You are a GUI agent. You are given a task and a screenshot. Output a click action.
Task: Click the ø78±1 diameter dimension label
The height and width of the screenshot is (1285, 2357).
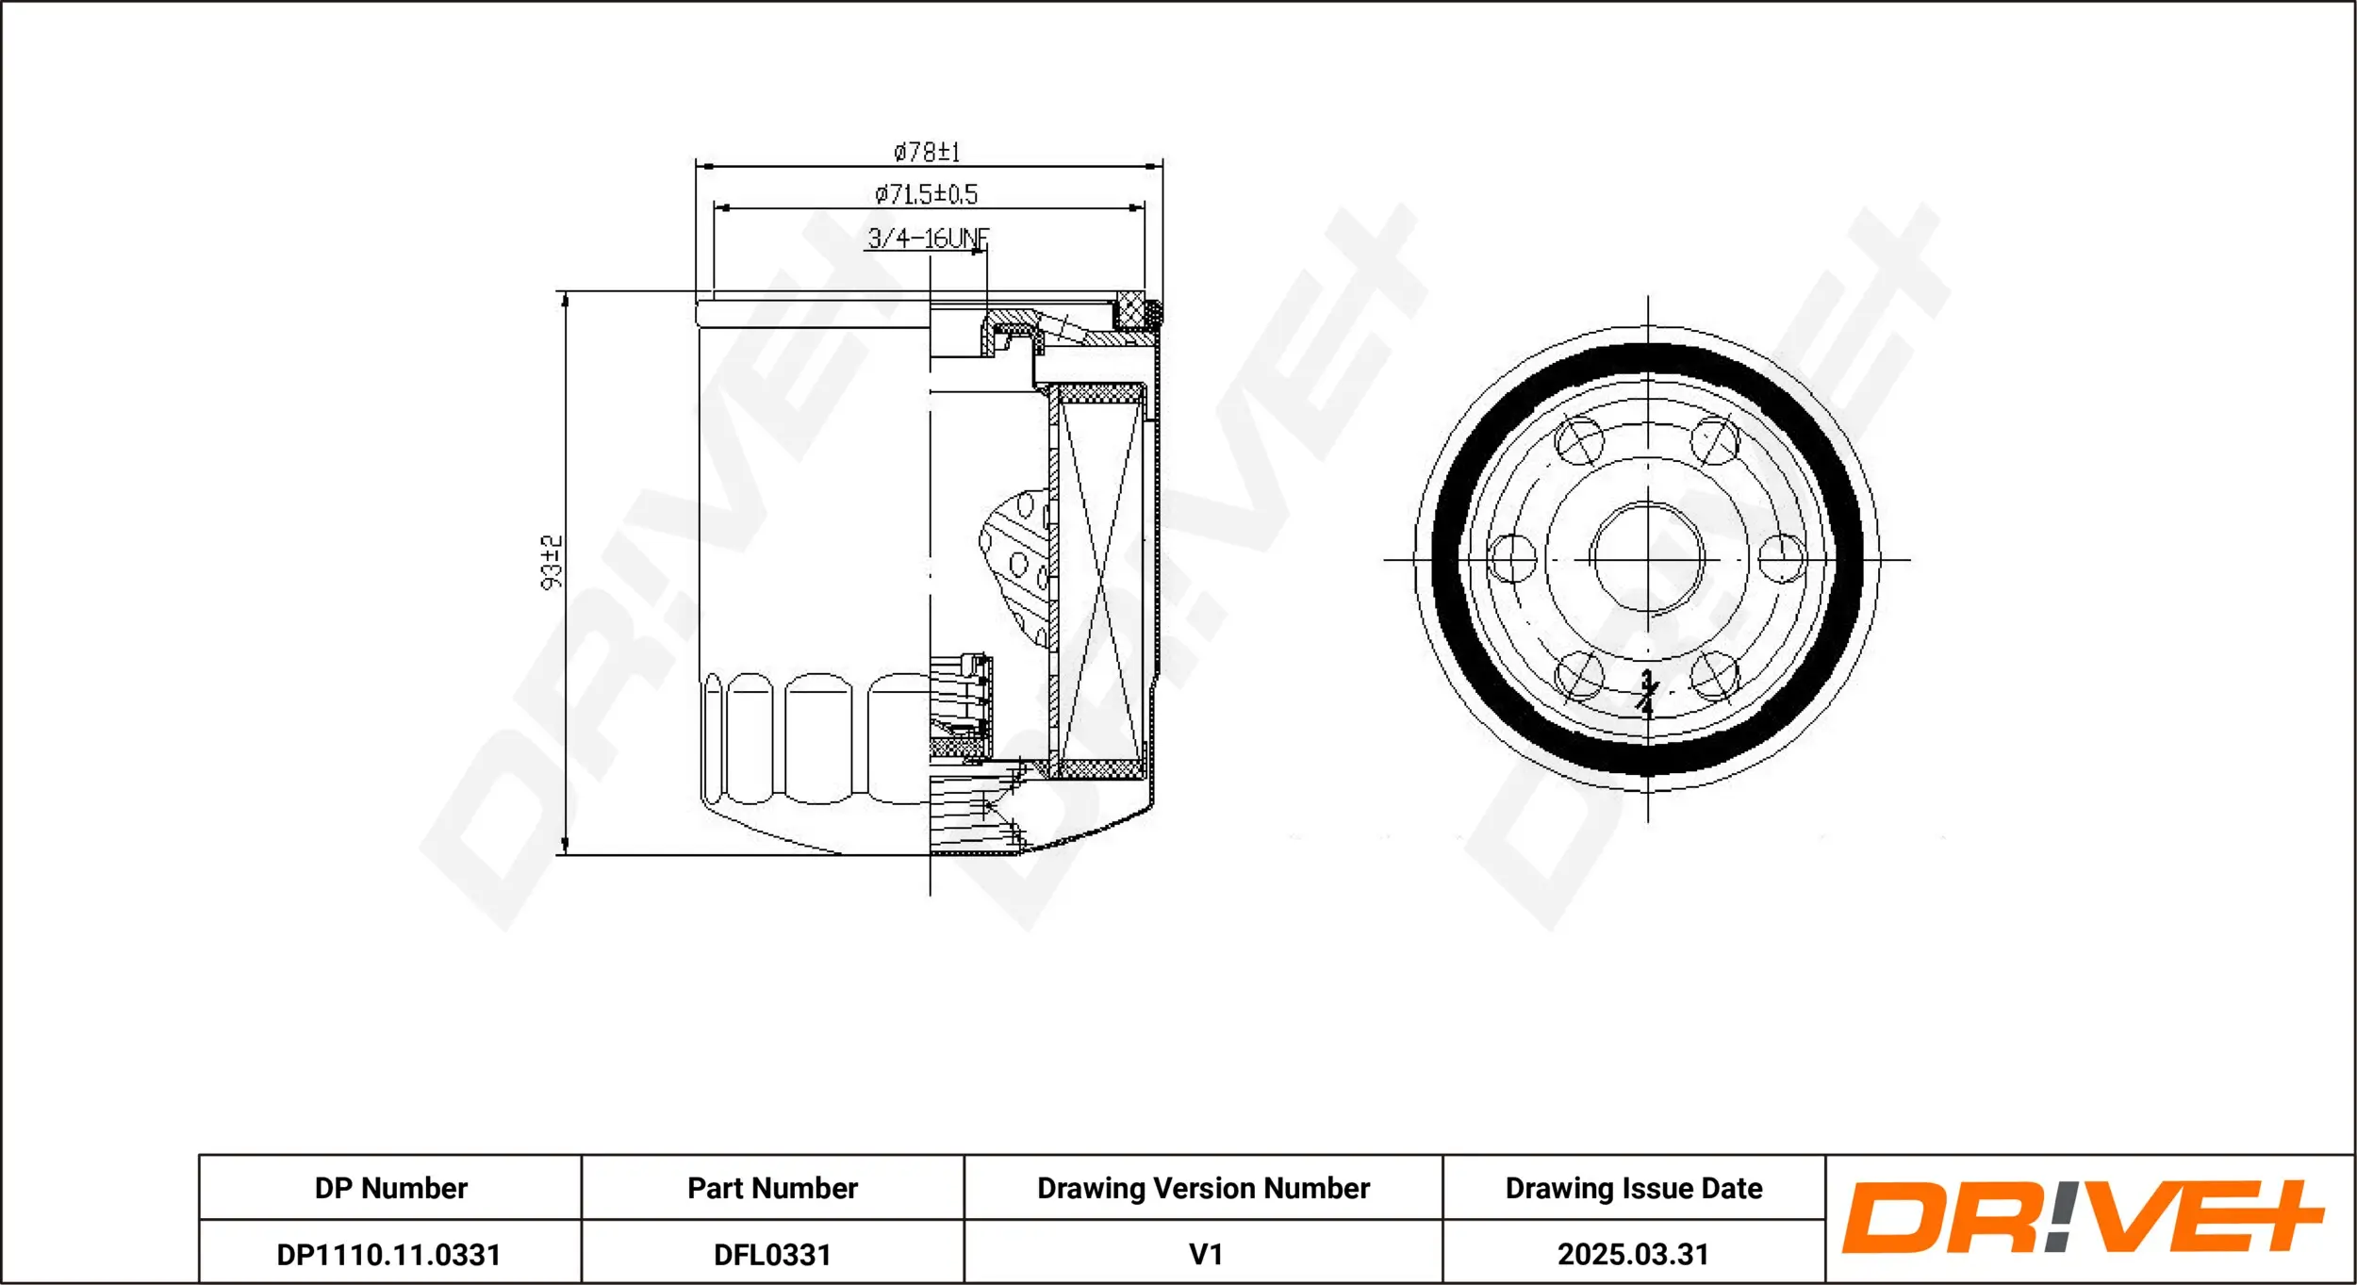(x=927, y=152)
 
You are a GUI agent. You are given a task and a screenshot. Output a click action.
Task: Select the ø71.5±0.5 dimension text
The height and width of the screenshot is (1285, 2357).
(x=927, y=194)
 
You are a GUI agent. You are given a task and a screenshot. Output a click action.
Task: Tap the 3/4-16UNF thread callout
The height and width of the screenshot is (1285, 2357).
(x=928, y=238)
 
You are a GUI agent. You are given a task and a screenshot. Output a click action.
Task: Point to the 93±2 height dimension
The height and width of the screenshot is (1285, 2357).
(x=552, y=562)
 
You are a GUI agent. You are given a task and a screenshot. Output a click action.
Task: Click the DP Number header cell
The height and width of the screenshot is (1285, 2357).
(x=390, y=1188)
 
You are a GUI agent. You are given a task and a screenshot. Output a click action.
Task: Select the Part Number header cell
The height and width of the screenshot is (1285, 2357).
(x=772, y=1188)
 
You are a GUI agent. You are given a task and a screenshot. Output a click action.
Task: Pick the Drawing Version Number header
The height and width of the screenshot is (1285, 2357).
(x=1203, y=1188)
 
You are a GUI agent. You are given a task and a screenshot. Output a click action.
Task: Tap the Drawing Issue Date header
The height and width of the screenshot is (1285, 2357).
(x=1634, y=1188)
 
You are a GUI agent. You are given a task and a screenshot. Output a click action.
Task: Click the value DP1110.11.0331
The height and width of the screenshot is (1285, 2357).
(x=388, y=1255)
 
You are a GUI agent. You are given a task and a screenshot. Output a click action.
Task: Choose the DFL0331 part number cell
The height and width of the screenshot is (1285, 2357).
(x=772, y=1255)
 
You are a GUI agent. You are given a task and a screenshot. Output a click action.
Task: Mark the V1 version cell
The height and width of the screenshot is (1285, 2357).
(x=1206, y=1254)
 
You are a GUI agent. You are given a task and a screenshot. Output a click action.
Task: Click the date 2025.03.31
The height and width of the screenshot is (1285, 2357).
(x=1633, y=1254)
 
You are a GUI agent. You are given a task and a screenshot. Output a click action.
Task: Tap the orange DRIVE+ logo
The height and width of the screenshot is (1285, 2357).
(x=2081, y=1218)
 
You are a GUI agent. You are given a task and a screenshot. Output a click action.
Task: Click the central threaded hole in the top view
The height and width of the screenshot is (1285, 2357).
(x=1647, y=558)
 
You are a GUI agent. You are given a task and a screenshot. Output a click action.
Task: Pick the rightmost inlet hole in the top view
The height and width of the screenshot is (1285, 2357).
(x=1783, y=558)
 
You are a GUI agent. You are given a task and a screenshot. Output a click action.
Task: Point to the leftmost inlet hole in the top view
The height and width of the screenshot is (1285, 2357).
(x=1511, y=558)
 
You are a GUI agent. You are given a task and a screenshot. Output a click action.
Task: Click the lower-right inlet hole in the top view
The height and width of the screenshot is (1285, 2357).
(x=1715, y=675)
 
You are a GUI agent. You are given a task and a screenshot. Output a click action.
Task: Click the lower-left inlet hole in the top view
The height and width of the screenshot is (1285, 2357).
(x=1579, y=675)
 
